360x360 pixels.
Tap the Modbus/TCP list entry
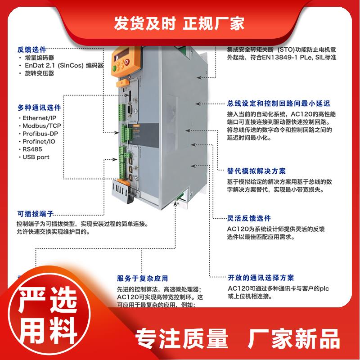tap(41, 126)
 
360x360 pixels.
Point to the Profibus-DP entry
tap(40, 134)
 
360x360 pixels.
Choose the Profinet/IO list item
tap(40, 141)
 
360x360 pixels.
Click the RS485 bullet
tap(32, 149)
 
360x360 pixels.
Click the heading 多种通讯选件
tap(39, 108)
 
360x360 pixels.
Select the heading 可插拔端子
tap(36, 214)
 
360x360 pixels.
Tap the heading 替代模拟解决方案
tap(256, 171)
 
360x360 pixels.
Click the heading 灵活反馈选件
tap(249, 218)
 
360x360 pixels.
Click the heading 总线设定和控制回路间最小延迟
tap(279, 103)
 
